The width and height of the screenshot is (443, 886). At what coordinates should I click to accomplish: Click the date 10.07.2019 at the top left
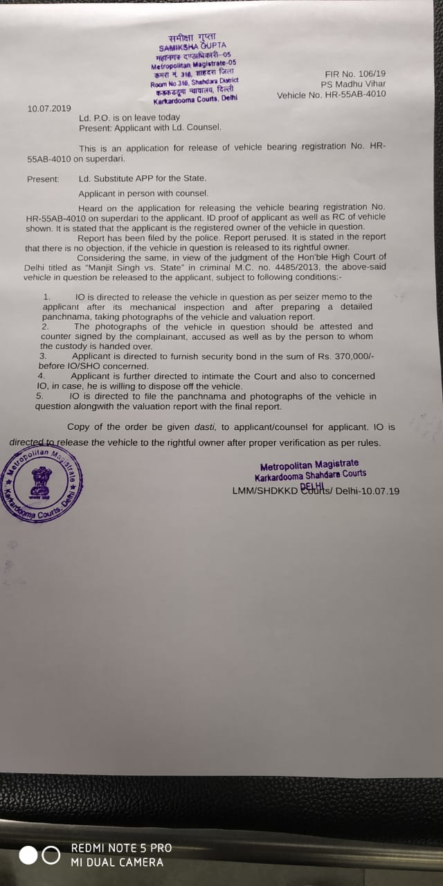tap(49, 109)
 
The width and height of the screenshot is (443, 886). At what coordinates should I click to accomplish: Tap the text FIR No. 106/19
tap(355, 73)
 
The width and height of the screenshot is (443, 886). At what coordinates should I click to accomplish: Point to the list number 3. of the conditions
tap(42, 356)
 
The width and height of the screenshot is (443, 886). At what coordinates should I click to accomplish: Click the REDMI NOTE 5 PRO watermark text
tap(121, 848)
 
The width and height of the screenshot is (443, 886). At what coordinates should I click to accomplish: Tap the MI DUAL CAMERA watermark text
tap(117, 862)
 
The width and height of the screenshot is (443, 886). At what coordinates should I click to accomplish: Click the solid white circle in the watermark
tap(28, 856)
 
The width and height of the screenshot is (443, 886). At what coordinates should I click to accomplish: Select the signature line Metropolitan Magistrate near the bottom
tap(309, 464)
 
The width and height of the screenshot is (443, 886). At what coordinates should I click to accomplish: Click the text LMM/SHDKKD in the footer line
tap(264, 491)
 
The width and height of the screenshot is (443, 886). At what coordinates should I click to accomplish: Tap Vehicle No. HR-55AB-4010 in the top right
tap(332, 95)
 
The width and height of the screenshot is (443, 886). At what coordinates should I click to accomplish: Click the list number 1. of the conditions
tap(46, 296)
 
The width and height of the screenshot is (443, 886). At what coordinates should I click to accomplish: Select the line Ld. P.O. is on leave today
tap(129, 118)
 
